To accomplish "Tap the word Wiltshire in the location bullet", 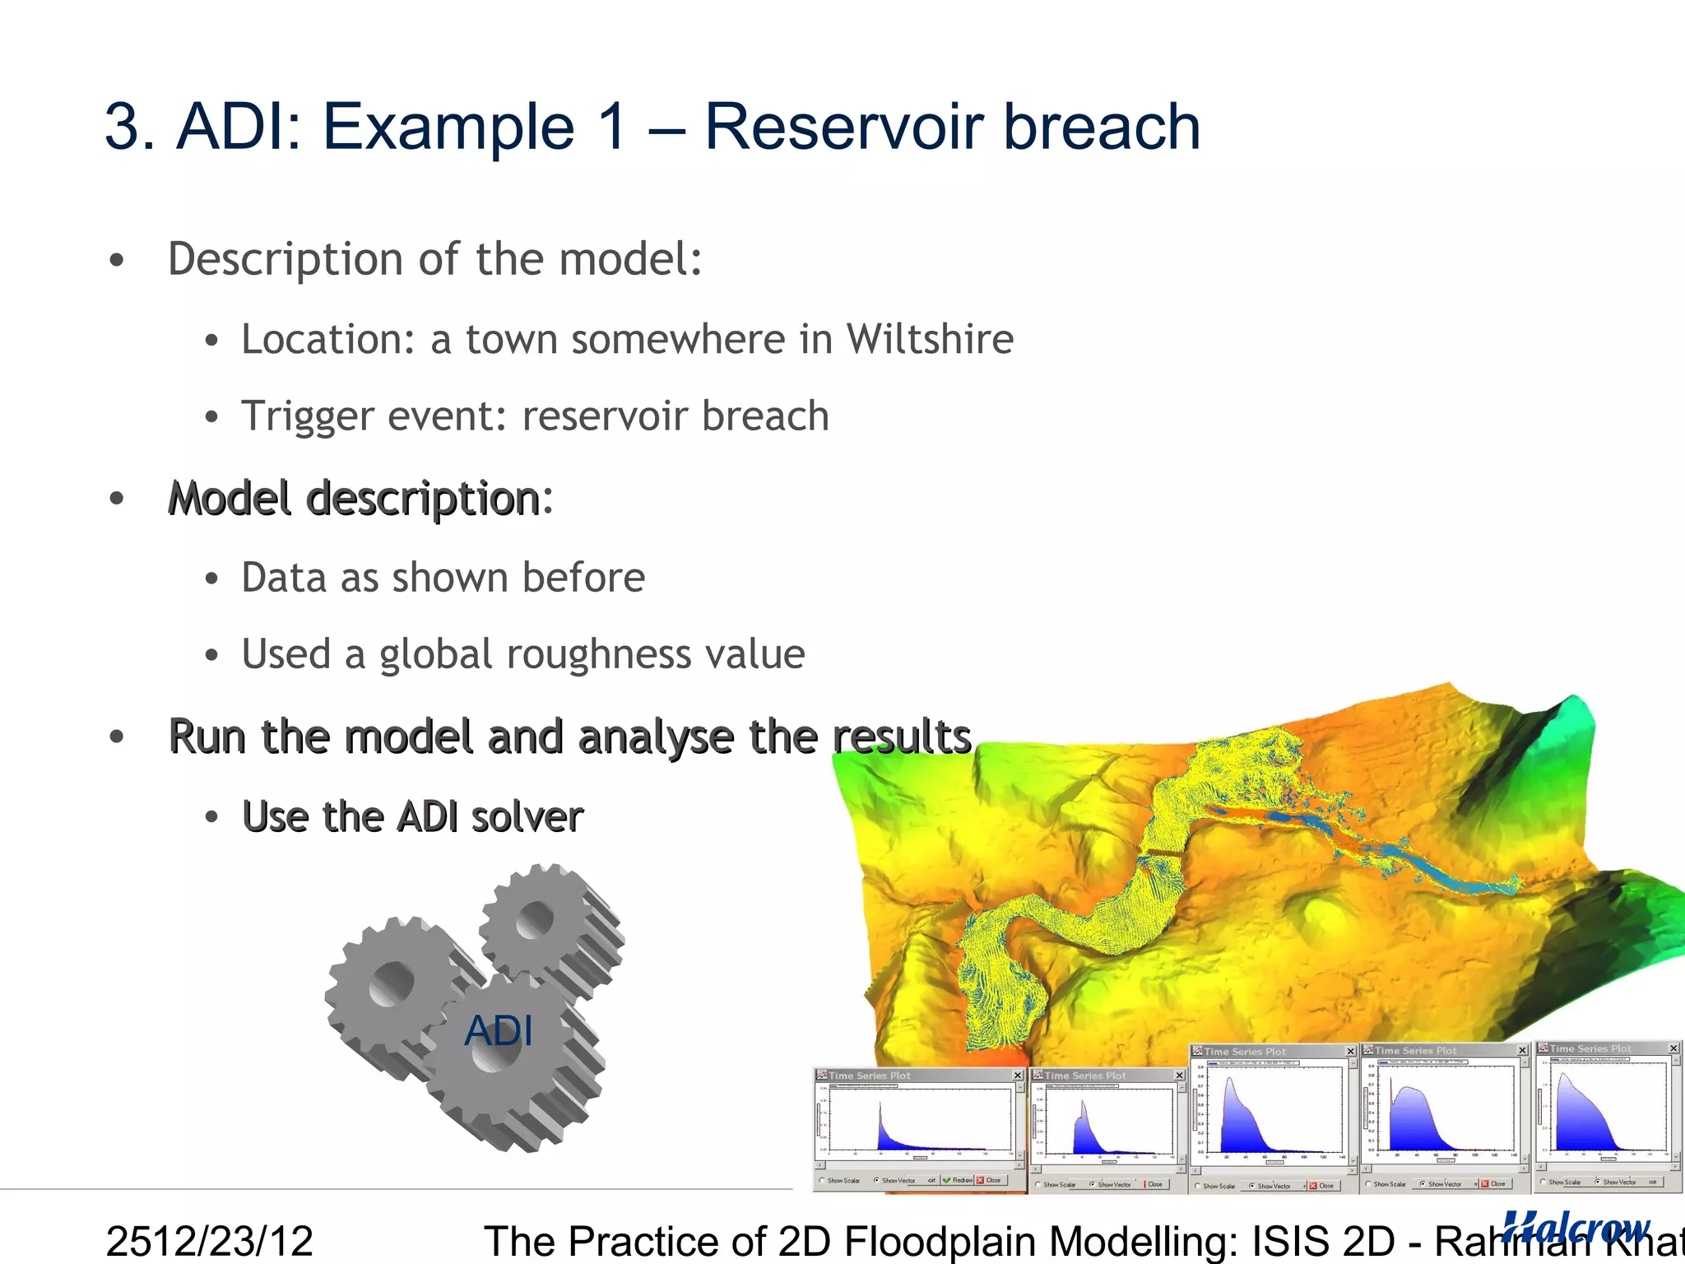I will point(930,339).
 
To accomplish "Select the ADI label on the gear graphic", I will point(499,1030).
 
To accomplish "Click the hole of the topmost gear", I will point(536,918).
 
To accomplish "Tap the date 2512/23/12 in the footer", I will point(210,1240).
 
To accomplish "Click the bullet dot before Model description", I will point(117,499).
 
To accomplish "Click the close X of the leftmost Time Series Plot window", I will point(1018,1075).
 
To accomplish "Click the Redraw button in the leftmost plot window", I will point(959,1180).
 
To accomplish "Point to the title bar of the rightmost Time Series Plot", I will point(1596,1048).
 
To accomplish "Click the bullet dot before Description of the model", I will point(117,260).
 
